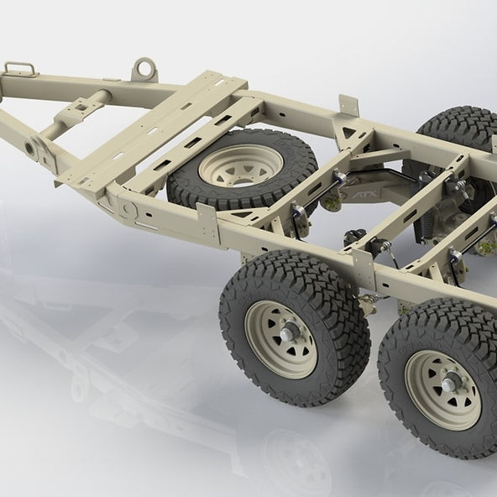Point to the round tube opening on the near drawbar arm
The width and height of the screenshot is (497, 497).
[x=33, y=149]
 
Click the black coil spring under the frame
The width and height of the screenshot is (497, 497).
[x=428, y=220]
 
